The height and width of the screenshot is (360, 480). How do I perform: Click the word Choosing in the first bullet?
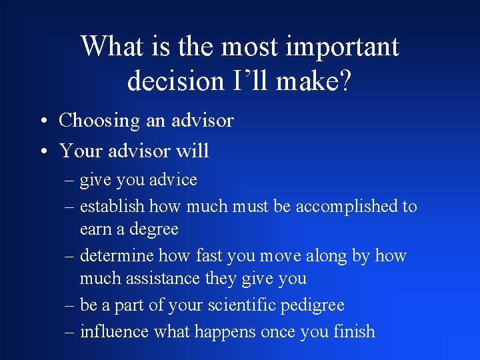pos(99,121)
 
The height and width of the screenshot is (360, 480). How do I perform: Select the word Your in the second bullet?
pos(81,151)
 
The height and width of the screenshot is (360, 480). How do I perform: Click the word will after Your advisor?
pos(193,151)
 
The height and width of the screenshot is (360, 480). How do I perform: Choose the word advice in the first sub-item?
pos(175,180)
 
